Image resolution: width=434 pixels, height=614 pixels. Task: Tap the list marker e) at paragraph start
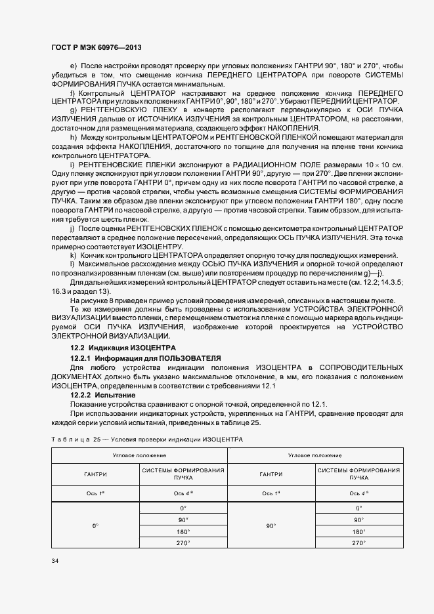pos(73,67)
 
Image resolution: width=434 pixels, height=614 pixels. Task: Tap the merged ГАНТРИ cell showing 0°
pos(95,525)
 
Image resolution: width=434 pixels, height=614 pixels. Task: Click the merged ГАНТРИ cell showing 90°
pos(271,525)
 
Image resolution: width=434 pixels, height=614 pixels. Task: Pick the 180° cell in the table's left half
pos(183,531)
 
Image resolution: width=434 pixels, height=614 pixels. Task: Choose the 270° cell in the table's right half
pos(358,543)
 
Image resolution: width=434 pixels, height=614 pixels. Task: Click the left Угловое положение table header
pos(139,455)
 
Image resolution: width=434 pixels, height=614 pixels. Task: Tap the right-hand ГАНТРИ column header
pos(271,474)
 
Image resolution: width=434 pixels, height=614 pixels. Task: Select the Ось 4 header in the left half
pos(183,493)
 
